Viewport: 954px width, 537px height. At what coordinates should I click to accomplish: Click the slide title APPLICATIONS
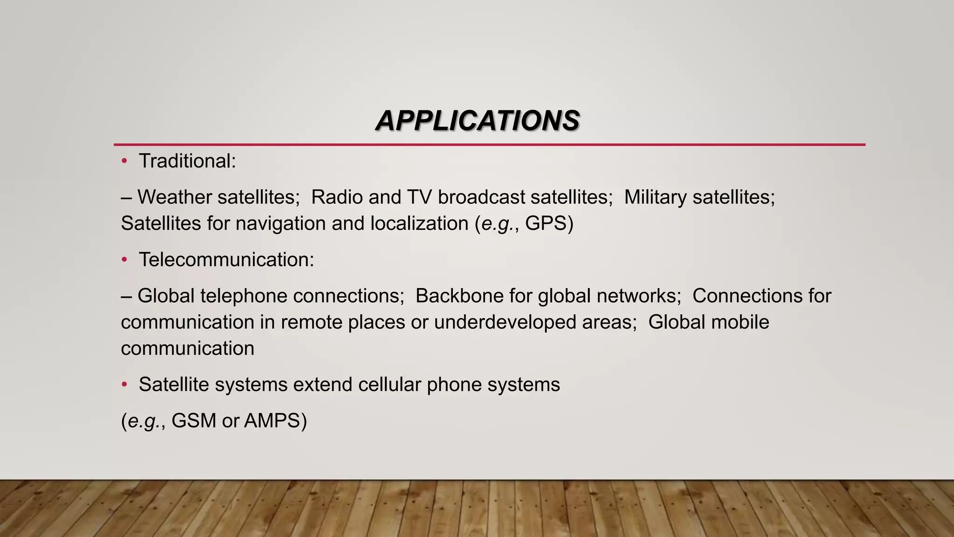(x=477, y=121)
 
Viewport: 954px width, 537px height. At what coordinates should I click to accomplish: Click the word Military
(x=655, y=197)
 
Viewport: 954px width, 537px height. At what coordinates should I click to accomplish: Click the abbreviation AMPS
(x=272, y=421)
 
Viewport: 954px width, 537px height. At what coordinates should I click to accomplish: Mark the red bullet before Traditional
(x=124, y=161)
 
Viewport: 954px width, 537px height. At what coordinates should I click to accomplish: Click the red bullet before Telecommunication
(x=124, y=260)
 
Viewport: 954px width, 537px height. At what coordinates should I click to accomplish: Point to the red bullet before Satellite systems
(x=124, y=385)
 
